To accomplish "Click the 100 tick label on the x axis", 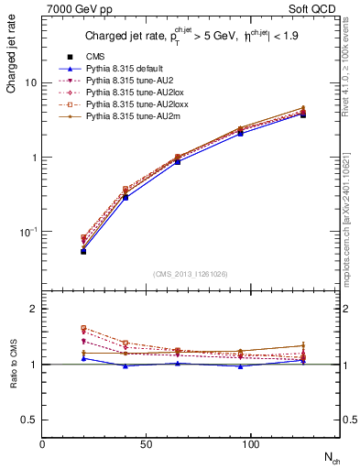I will pos(190,444).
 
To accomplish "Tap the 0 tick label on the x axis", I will pos(43,444).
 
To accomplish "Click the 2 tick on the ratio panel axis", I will pos(33,310).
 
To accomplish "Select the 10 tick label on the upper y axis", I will pos(29,82).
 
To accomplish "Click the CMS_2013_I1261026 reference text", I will pos(191,274).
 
